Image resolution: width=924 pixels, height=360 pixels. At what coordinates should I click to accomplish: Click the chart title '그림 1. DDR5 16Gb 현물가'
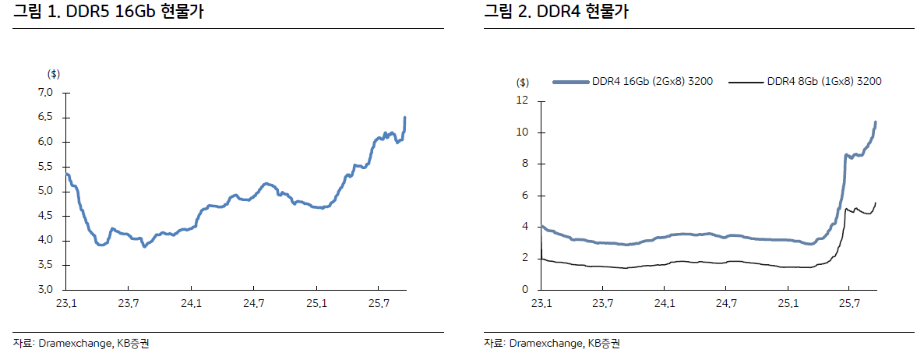[108, 13]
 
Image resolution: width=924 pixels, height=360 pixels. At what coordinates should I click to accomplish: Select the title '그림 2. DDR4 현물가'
[556, 13]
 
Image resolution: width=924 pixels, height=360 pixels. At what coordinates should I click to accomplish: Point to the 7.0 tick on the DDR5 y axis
[45, 93]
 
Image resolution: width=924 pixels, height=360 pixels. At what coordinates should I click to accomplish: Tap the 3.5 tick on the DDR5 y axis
[45, 266]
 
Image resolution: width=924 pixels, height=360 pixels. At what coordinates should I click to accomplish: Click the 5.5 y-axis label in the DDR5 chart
[45, 167]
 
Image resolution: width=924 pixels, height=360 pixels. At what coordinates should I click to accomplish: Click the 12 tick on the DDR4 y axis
[522, 101]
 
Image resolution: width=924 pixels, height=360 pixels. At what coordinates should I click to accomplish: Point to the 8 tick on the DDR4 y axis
[525, 164]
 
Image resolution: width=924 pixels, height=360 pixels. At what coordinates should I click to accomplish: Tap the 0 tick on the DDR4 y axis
[525, 290]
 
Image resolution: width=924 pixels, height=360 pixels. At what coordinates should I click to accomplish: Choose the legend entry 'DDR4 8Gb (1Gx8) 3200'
[824, 81]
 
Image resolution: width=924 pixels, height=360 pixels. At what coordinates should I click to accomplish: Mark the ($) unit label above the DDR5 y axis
[54, 74]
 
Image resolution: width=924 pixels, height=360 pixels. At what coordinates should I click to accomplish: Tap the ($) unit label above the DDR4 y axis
[523, 82]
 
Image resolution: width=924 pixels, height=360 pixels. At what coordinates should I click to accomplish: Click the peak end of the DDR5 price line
[405, 118]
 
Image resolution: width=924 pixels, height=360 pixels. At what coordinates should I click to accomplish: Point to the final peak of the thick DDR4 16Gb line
[876, 122]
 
